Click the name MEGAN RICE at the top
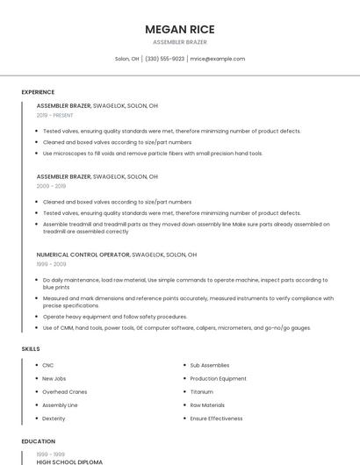pyautogui.click(x=180, y=29)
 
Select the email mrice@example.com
pyautogui.click(x=218, y=59)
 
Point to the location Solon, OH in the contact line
pyautogui.click(x=127, y=59)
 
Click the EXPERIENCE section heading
pyautogui.click(x=38, y=92)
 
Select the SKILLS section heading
pyautogui.click(x=31, y=348)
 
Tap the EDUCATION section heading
pyautogui.click(x=38, y=441)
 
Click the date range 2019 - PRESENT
pyautogui.click(x=55, y=115)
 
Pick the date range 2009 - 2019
pyautogui.click(x=51, y=186)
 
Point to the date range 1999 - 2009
pyautogui.click(x=51, y=263)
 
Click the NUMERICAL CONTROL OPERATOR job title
pyautogui.click(x=83, y=254)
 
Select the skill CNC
pyautogui.click(x=48, y=365)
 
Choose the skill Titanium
pyautogui.click(x=201, y=391)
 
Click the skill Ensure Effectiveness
pyautogui.click(x=216, y=418)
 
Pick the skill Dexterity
pyautogui.click(x=54, y=418)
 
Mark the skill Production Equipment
pyautogui.click(x=218, y=378)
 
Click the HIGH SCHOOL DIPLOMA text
pyautogui.click(x=69, y=461)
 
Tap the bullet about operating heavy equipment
pyautogui.click(x=115, y=317)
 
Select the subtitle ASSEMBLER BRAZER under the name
pyautogui.click(x=180, y=42)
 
